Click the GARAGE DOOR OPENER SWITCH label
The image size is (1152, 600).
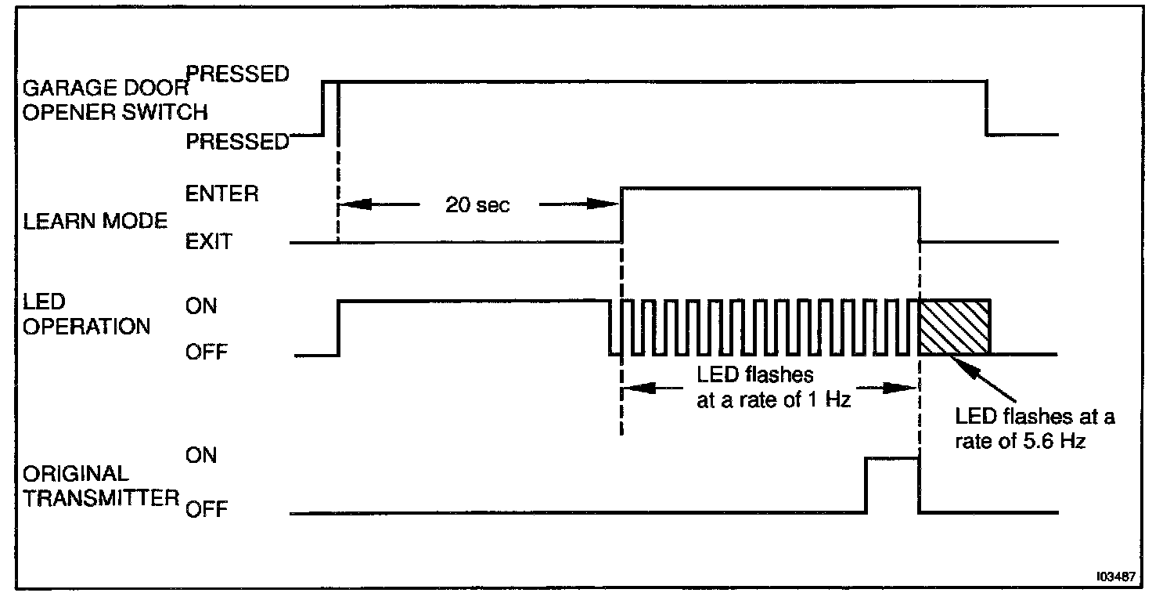coord(106,99)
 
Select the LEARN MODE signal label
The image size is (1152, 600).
coord(95,221)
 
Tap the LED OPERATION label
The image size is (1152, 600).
coord(86,315)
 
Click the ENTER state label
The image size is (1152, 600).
coord(222,193)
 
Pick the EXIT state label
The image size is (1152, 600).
coord(209,241)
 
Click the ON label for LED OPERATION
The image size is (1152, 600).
coord(201,305)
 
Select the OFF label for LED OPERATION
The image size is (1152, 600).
coord(207,352)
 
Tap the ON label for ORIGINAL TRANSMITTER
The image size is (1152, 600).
coord(201,455)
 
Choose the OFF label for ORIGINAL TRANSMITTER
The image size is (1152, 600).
coord(207,511)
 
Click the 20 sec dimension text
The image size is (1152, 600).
coord(477,205)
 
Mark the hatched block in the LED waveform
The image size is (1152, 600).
coord(954,327)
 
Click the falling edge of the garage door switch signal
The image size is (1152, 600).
coord(986,107)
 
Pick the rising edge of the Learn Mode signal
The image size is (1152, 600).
coord(621,215)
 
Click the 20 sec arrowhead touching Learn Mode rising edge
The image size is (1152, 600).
coord(610,204)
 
